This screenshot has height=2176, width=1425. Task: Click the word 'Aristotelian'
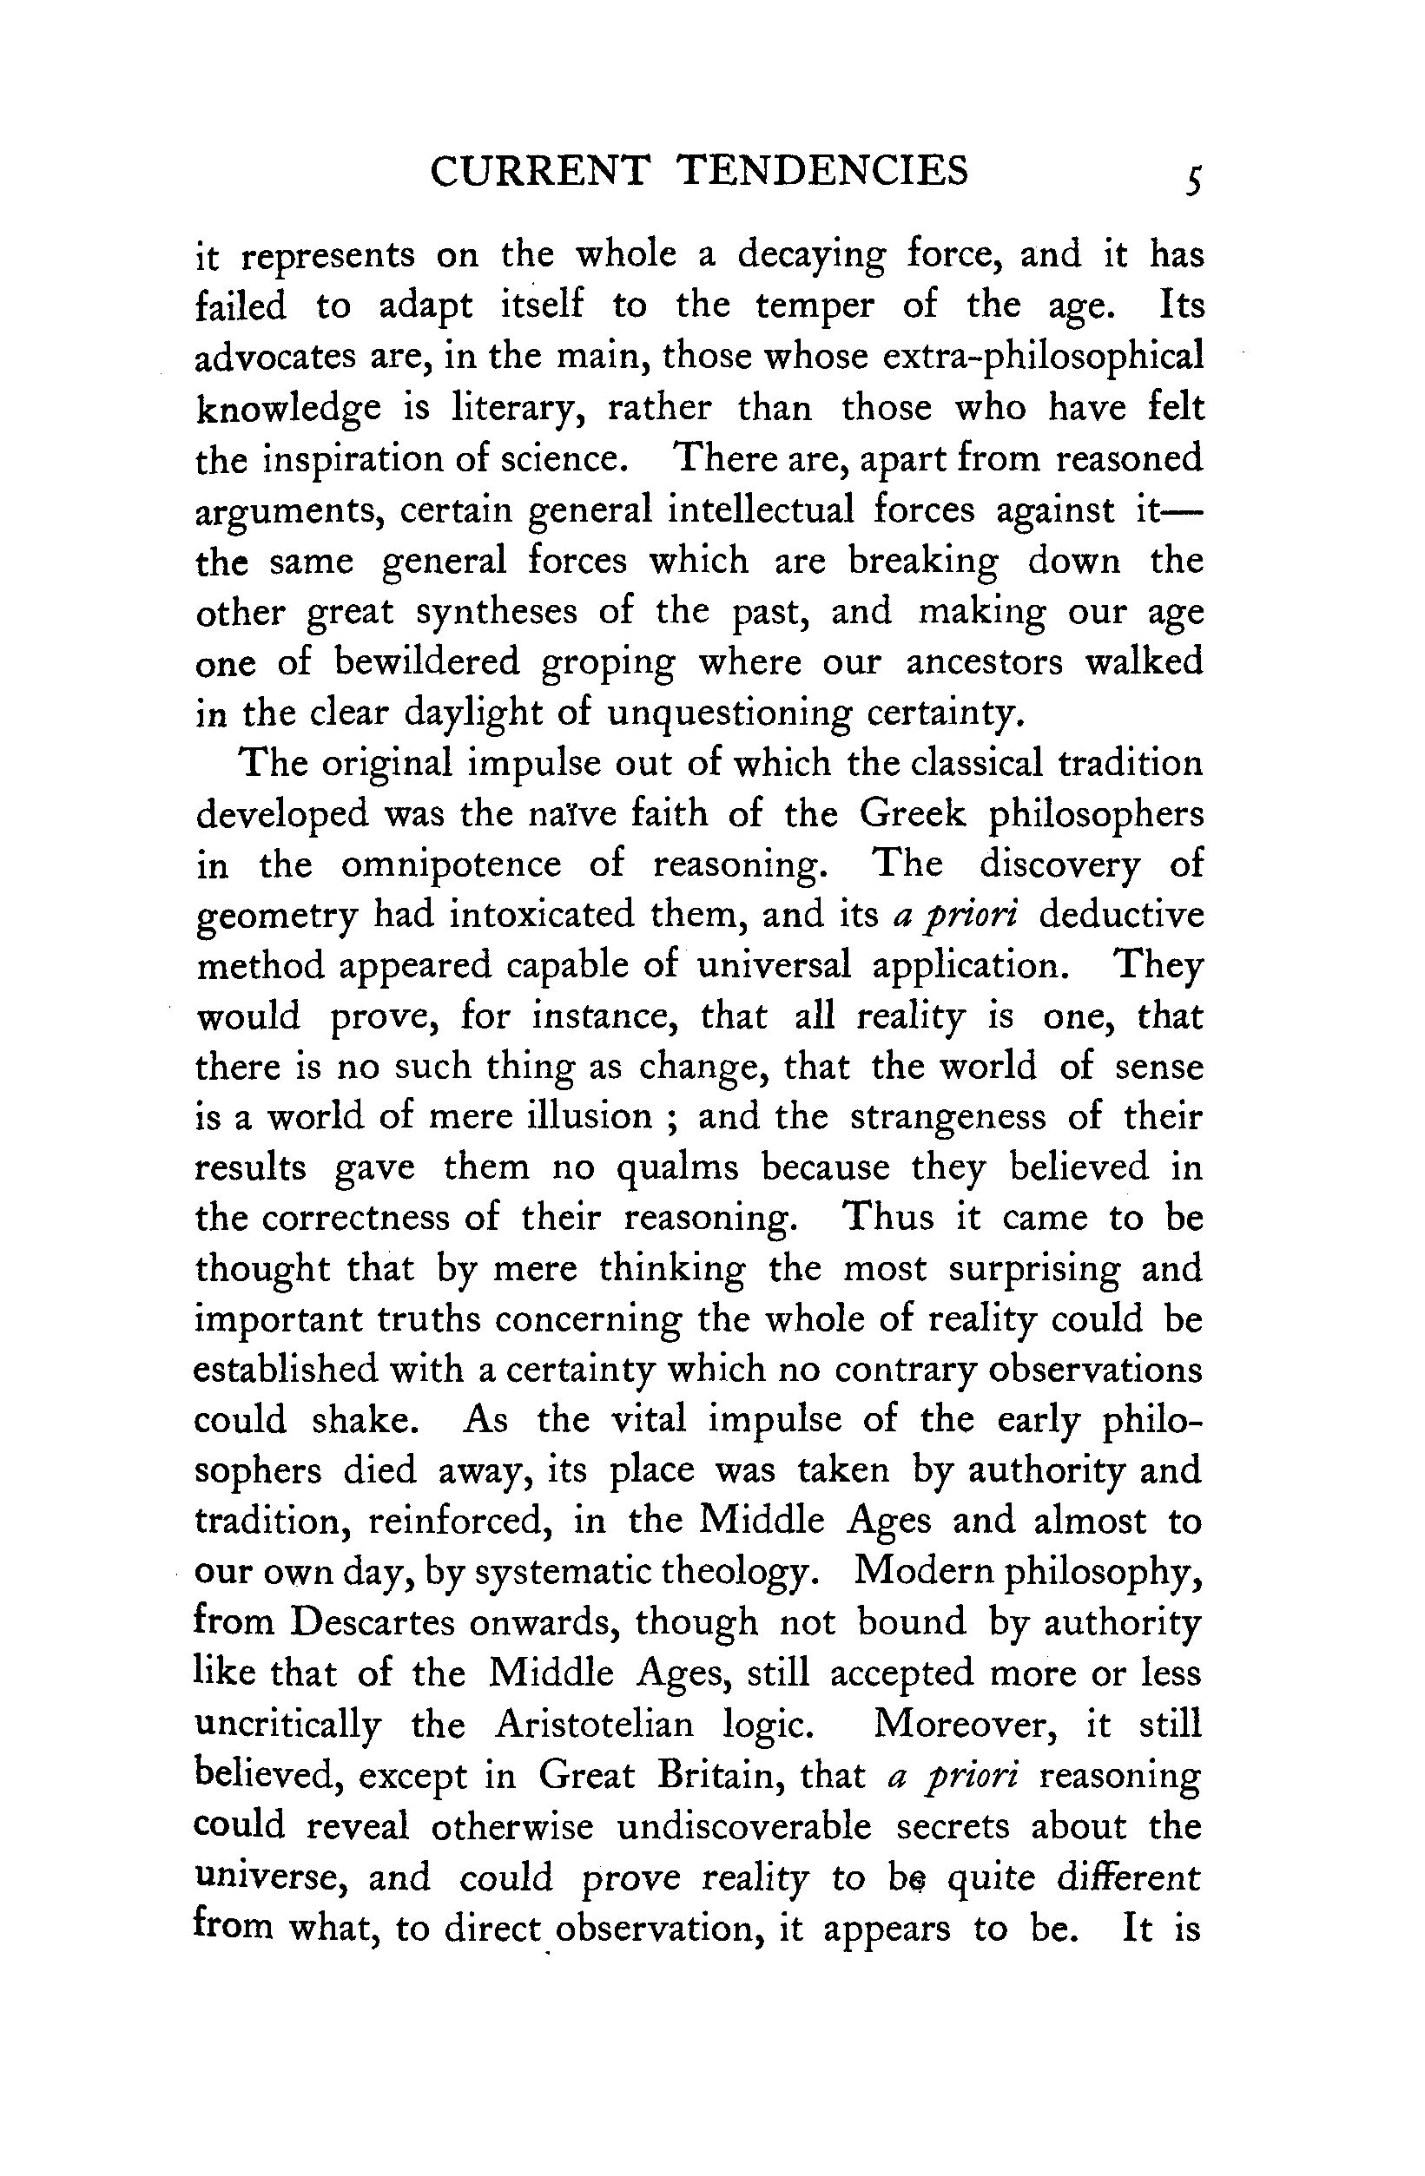pyautogui.click(x=595, y=1725)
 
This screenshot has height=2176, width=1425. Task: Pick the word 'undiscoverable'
pyautogui.click(x=744, y=1826)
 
